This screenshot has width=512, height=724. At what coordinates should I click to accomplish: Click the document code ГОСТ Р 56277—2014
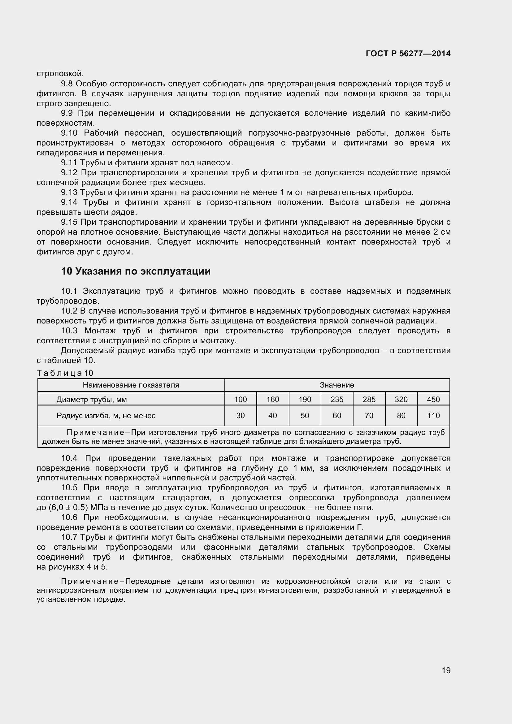[x=408, y=54]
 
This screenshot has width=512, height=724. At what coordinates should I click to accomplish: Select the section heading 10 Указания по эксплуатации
[x=136, y=271]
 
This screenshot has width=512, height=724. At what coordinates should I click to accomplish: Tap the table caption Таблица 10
[x=65, y=373]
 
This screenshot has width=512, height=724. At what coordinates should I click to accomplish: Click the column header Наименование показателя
[x=131, y=385]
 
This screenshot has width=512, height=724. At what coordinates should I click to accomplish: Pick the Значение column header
[x=337, y=385]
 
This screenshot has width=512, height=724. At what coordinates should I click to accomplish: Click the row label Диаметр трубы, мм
[x=91, y=400]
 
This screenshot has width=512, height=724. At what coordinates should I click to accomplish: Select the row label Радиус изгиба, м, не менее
[x=106, y=416]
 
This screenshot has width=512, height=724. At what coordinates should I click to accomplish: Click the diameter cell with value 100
[x=241, y=400]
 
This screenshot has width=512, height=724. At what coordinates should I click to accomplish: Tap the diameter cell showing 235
[x=337, y=400]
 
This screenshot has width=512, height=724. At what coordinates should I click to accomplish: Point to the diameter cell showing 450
[x=433, y=400]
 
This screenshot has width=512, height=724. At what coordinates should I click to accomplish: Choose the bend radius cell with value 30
[x=241, y=416]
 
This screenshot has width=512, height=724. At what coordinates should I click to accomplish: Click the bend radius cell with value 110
[x=433, y=416]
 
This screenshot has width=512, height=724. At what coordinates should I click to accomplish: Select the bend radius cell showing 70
[x=369, y=416]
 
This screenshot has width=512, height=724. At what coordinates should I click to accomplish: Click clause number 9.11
[x=69, y=163]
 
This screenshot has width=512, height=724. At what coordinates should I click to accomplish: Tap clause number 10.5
[x=69, y=488]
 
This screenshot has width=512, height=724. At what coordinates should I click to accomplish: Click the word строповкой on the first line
[x=60, y=74]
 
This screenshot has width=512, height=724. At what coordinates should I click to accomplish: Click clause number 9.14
[x=69, y=202]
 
